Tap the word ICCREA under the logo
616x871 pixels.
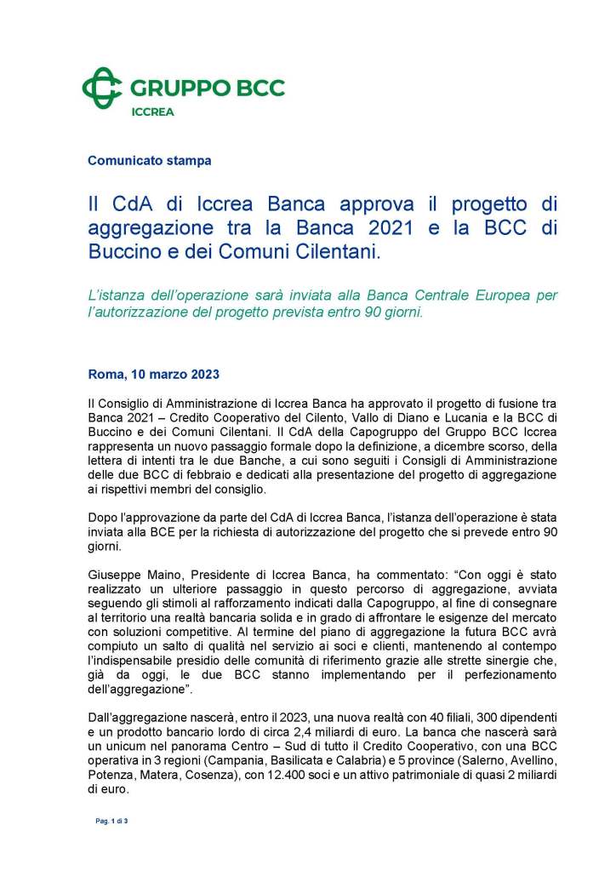point(153,111)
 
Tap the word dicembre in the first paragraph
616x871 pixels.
point(456,448)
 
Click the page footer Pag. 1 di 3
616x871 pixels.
point(111,821)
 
